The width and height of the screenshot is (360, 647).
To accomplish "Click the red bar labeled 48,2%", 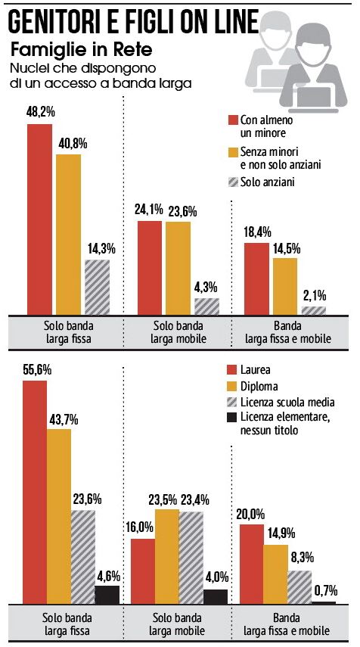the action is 39,219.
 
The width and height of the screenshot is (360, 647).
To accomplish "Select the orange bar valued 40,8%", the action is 69,235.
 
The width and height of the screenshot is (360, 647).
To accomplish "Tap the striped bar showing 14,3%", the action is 98,288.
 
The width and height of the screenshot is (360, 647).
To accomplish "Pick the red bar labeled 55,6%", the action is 35,493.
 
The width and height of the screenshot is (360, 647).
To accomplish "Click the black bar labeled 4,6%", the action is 107,595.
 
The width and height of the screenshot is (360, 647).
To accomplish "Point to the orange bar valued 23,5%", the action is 167,557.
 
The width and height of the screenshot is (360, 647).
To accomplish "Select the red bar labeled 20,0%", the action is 251,565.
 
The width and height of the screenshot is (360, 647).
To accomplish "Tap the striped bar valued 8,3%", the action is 299,587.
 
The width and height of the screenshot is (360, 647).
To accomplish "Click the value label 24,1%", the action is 148,211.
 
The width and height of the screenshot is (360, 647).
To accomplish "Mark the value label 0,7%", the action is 325,592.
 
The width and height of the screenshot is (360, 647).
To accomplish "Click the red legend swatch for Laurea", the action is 234,370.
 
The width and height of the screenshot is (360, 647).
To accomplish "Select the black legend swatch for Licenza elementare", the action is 234,418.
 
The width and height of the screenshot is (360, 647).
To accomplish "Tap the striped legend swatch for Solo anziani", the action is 234,182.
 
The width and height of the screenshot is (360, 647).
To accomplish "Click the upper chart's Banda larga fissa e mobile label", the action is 288,333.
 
